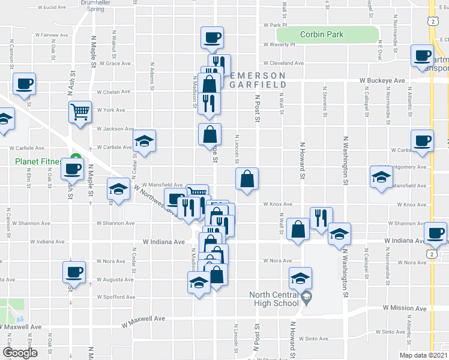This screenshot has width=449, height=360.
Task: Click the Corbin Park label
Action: tap(322, 35)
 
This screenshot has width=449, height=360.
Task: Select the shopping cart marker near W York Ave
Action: tap(80, 112)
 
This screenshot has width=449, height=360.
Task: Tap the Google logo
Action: tap(20, 353)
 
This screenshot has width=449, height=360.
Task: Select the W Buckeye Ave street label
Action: tap(382, 80)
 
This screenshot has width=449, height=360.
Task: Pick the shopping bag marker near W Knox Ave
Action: tap(247, 179)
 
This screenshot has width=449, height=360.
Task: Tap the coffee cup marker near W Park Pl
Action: tap(212, 38)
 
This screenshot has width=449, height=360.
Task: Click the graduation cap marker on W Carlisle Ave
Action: tap(144, 142)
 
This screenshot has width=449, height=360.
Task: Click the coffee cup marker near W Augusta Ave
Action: tap(74, 272)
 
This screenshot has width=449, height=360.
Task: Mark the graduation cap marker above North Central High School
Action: tap(301, 278)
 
